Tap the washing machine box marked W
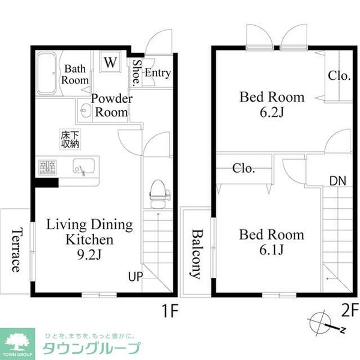point(110,61)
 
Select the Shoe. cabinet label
point(137,73)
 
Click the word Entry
point(158,73)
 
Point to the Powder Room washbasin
point(85,111)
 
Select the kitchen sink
point(84,167)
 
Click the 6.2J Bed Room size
point(272,112)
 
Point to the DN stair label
point(337,181)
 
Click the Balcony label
point(196,254)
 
